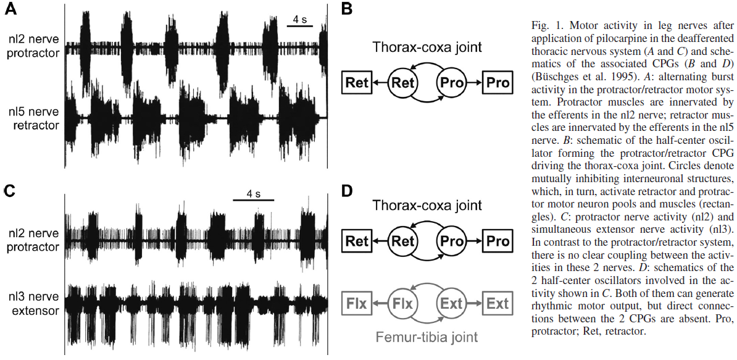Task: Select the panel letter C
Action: tap(10, 190)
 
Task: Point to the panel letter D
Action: tap(347, 190)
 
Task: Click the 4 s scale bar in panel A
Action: tap(300, 27)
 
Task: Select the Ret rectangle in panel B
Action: tap(357, 82)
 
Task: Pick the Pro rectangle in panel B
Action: tap(498, 82)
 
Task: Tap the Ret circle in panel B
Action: tap(403, 82)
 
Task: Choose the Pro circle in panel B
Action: tap(451, 82)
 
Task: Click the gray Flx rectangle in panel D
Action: tap(357, 303)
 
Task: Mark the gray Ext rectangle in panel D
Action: tap(498, 303)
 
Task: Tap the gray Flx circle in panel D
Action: tap(403, 303)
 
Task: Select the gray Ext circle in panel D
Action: tap(451, 303)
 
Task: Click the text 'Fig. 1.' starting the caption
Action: tap(544, 26)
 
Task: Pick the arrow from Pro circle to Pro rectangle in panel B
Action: tap(475, 82)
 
